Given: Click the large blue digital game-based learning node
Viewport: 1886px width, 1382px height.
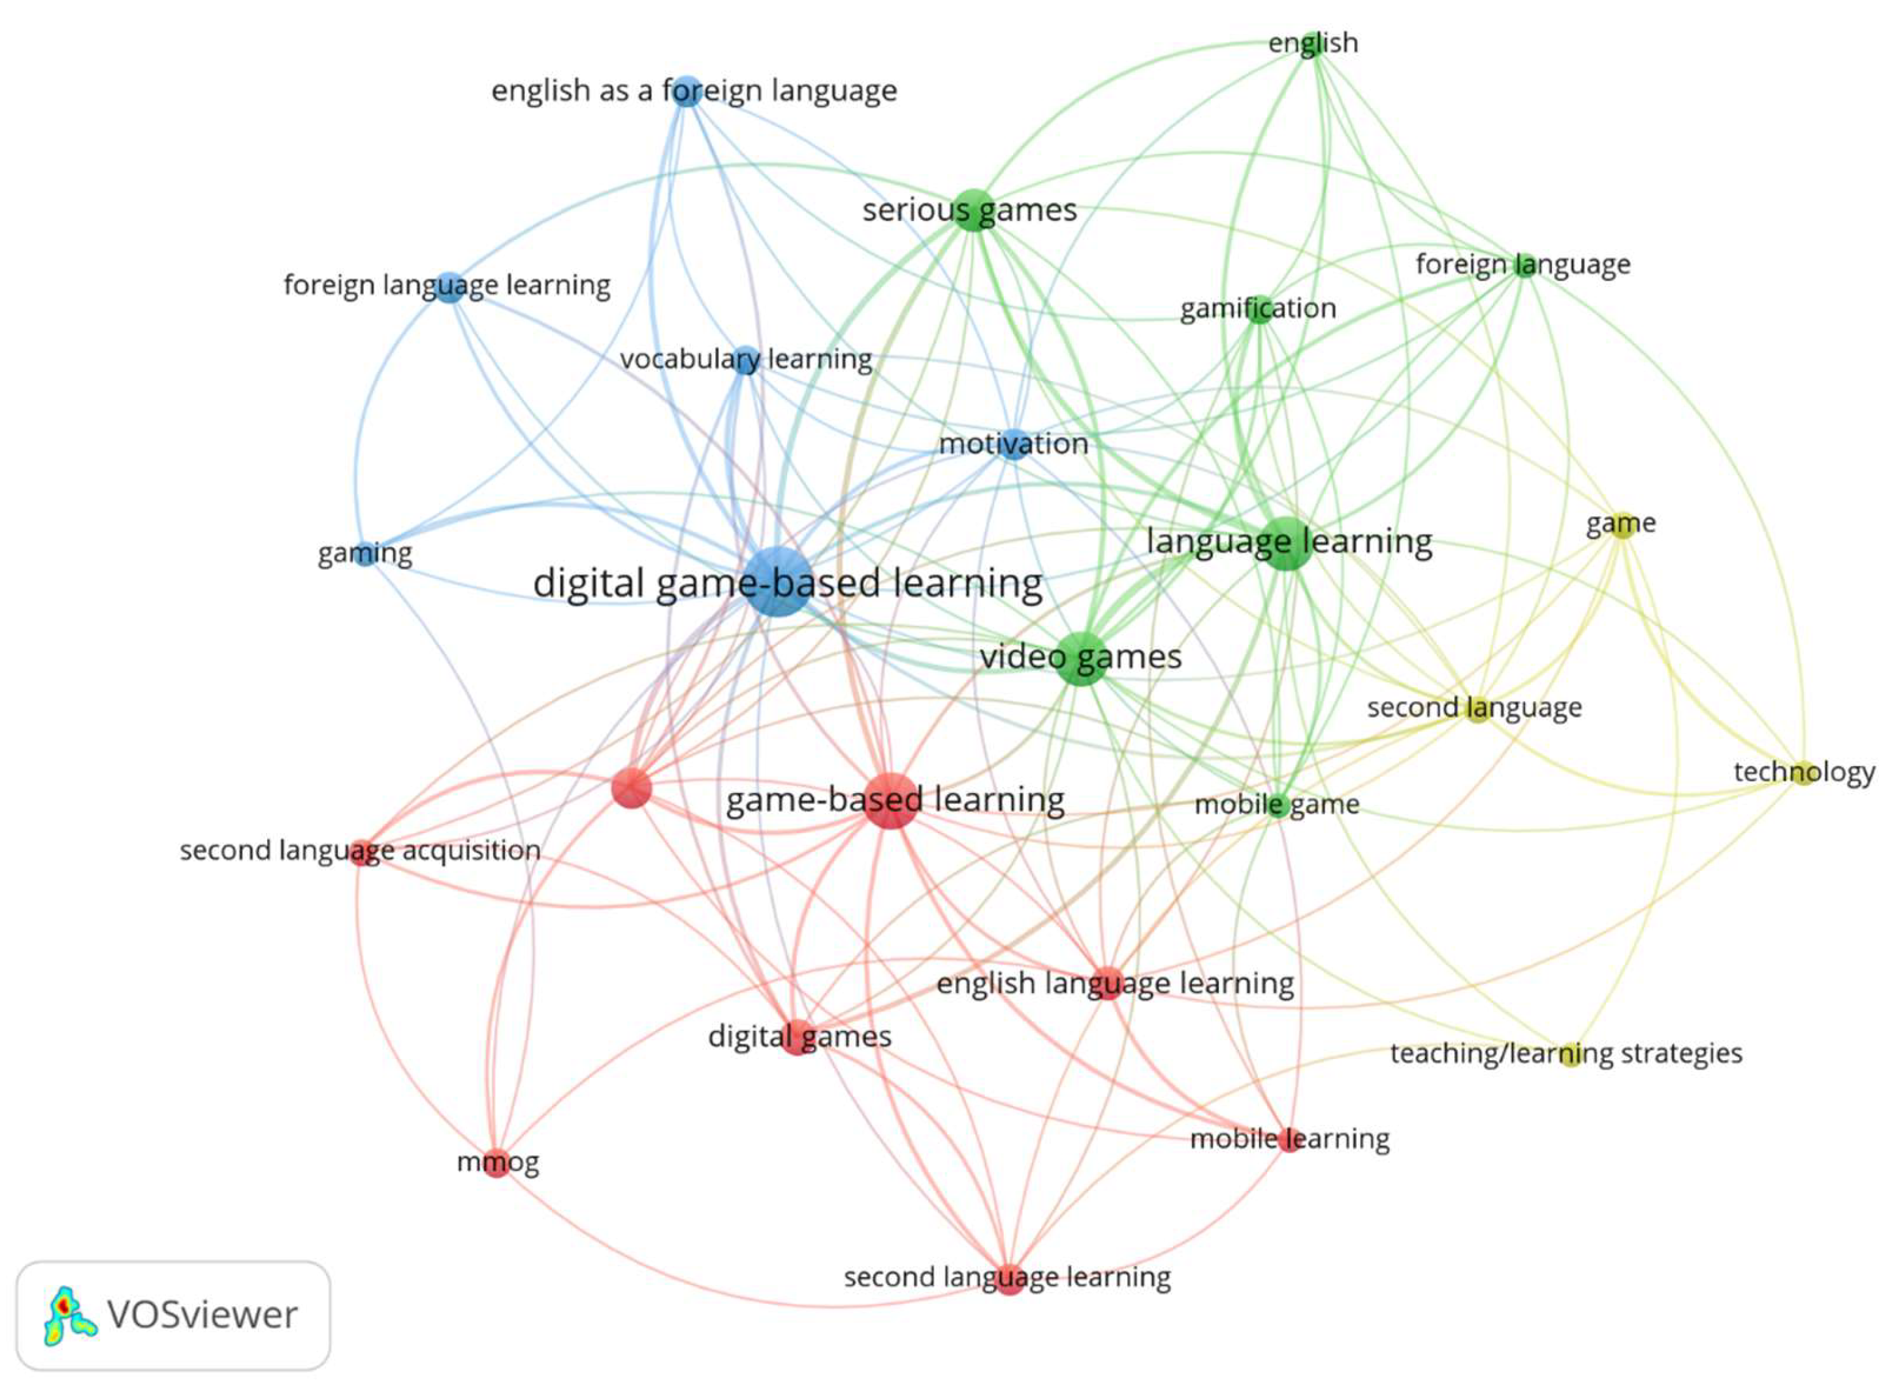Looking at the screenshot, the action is (x=778, y=583).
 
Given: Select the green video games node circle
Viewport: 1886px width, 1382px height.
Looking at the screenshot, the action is (x=1083, y=658).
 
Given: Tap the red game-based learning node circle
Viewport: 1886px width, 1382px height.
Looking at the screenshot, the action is (x=892, y=801).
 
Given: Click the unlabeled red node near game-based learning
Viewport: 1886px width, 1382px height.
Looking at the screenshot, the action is (x=631, y=788).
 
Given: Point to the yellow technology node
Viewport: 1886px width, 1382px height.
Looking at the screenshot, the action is (x=1803, y=772).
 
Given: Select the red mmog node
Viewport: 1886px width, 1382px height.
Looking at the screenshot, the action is (x=497, y=1164).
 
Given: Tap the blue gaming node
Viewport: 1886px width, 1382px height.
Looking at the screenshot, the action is (x=365, y=554).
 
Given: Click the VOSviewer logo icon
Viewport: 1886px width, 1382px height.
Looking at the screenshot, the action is (x=69, y=1316).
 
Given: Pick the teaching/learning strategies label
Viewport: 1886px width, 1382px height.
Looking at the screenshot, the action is (x=1566, y=1053).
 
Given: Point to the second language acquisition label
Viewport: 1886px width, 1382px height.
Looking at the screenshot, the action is (x=360, y=851).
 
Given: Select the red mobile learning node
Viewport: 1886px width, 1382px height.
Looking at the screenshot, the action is (x=1290, y=1139).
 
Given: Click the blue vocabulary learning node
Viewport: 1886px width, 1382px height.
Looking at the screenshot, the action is (x=746, y=360).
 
